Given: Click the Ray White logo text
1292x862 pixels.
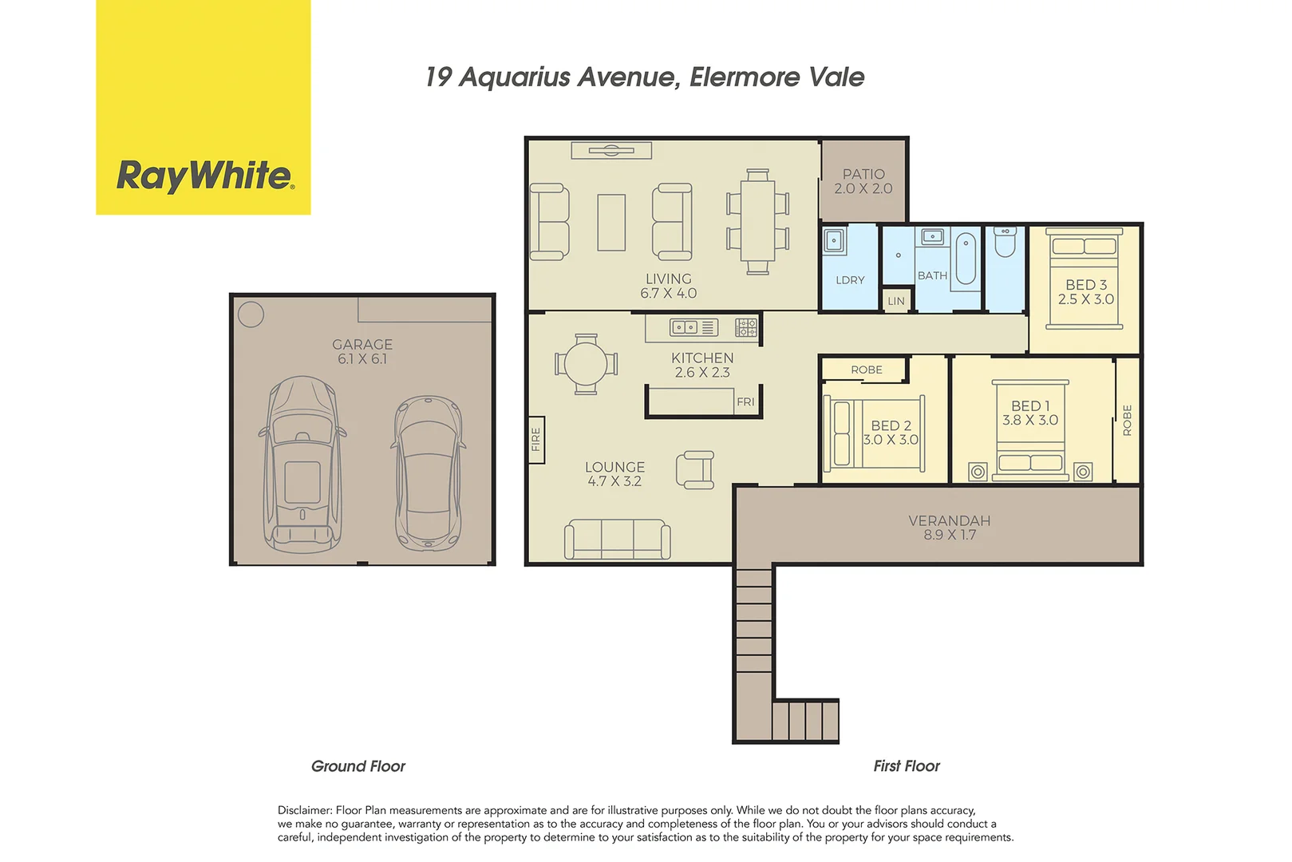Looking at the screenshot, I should coord(205,176).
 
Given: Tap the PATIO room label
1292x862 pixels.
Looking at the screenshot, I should coord(863,174).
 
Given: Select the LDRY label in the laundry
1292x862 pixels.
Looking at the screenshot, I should coord(850,280).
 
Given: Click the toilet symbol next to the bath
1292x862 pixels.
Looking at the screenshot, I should coord(1006,242).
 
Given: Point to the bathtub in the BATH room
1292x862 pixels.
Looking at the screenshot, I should coord(966,258).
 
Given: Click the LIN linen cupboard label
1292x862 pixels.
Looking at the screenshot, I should coord(896,301).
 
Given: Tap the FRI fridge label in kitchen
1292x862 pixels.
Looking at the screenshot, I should coord(745,401).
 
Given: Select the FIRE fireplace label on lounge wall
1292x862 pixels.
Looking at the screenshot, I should coord(535,440).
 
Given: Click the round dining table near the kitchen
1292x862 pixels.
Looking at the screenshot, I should coord(586,364).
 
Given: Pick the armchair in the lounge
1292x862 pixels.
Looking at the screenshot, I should coord(695,469).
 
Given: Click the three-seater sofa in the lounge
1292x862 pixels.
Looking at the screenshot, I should coord(617,540).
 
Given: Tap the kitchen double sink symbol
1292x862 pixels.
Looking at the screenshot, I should coord(684,326).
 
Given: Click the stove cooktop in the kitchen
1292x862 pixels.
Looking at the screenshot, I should coord(746,326).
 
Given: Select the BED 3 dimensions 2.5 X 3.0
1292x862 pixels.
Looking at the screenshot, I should coord(1085,299).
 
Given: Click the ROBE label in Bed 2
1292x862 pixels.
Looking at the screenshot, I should coord(866,370).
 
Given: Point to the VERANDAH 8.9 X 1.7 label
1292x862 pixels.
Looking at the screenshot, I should coord(950,528).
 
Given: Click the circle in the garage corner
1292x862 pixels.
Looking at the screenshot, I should coord(251,314).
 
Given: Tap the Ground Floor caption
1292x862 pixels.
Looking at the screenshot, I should coord(358,766).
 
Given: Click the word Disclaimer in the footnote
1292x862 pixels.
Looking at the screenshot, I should coord(304,810).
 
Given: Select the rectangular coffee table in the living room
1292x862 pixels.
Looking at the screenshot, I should coord(611,223).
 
